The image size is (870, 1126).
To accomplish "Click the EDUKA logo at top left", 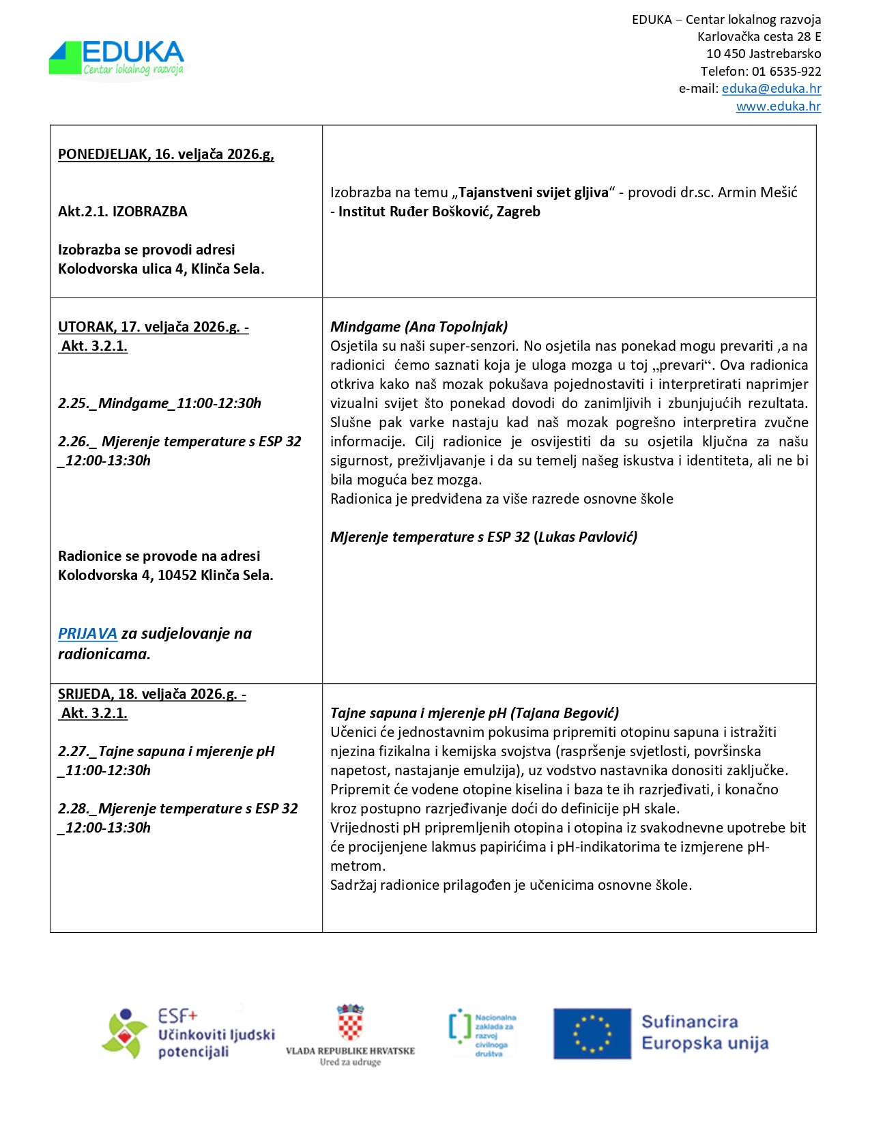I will click(117, 59).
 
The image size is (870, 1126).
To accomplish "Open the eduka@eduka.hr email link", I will click(771, 89).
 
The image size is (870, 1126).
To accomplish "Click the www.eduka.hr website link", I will click(778, 106).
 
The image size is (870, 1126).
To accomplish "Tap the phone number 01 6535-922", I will click(786, 72).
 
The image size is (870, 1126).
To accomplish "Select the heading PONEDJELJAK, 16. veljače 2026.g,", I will click(166, 154).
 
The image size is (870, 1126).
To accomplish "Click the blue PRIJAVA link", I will click(87, 634).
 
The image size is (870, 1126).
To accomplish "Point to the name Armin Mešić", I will click(757, 192).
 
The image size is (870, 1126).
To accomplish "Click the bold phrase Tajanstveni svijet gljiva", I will click(533, 192).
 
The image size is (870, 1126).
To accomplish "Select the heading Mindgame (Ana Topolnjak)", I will click(419, 327).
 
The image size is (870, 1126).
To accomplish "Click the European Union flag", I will click(592, 1033).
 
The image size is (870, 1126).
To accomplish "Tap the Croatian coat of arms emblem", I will click(350, 1023).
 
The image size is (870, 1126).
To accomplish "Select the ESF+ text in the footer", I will click(177, 1016).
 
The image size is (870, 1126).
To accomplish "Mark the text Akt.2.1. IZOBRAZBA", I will click(123, 212).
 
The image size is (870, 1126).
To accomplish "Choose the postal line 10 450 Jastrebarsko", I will click(763, 54).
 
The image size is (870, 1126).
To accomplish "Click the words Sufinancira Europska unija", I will click(704, 1033).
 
